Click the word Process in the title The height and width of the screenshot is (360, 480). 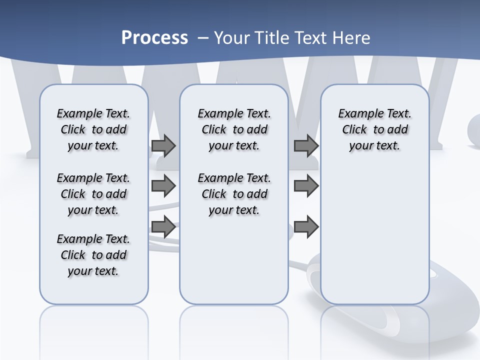[x=154, y=37]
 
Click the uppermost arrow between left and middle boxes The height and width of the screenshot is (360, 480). [x=163, y=146]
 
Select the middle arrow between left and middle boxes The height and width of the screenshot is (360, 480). [x=163, y=186]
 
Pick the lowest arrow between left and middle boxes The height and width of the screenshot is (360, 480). [x=163, y=227]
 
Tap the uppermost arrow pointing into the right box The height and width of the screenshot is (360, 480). [x=306, y=146]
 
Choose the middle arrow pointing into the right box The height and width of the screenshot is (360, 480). [x=306, y=186]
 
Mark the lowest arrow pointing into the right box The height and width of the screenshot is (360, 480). [x=306, y=227]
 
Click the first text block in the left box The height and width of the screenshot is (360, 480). [x=93, y=129]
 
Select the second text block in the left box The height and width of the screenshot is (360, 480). [x=93, y=194]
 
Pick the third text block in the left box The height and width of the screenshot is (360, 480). [x=93, y=255]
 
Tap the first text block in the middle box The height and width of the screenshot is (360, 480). [x=234, y=129]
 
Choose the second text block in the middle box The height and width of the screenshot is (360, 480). [x=234, y=194]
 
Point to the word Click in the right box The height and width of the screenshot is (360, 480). [x=354, y=130]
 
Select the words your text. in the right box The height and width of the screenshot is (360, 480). [x=374, y=146]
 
